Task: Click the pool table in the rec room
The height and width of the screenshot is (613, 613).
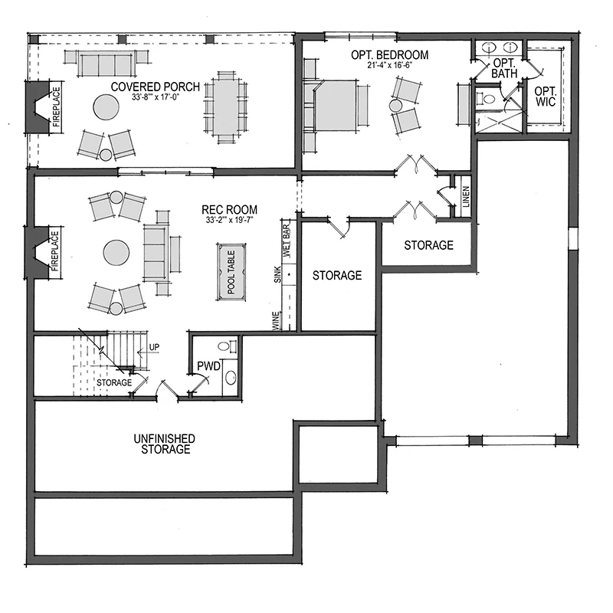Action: click(x=231, y=272)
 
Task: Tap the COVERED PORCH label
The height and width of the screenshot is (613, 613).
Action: click(x=156, y=87)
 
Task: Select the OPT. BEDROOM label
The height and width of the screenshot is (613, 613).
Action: click(x=389, y=55)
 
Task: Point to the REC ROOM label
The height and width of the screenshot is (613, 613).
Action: click(x=229, y=209)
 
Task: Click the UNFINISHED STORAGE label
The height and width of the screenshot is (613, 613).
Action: click(x=165, y=444)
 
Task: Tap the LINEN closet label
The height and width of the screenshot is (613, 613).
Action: click(x=466, y=197)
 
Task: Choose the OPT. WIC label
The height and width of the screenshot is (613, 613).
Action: click(x=546, y=97)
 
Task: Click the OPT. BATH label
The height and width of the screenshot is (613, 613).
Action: click(x=504, y=68)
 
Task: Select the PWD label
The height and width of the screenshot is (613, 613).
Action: click(x=208, y=366)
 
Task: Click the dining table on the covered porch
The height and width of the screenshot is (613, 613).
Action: click(x=225, y=107)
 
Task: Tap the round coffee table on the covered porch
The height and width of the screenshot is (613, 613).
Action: click(x=106, y=107)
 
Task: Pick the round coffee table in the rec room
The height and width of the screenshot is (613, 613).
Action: click(x=116, y=253)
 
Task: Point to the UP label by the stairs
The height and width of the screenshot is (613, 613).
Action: click(x=155, y=347)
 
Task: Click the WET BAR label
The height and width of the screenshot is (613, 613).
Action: click(x=287, y=241)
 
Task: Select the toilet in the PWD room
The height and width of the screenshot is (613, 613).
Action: click(x=227, y=346)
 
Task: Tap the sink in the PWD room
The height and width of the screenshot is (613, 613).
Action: click(x=231, y=378)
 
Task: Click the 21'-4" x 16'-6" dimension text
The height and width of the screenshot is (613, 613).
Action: click(x=389, y=65)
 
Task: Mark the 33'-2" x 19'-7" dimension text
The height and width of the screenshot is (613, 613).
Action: click(x=229, y=220)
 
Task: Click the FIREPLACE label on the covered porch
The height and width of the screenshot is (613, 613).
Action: click(x=57, y=107)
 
